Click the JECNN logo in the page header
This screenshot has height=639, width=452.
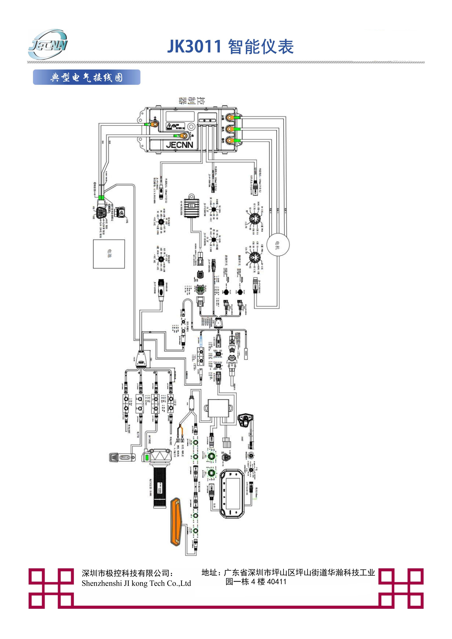pyautogui.click(x=48, y=45)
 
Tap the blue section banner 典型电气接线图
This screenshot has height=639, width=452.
pyautogui.click(x=87, y=77)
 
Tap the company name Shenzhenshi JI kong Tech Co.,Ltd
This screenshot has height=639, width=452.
pyautogui.click(x=136, y=583)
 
